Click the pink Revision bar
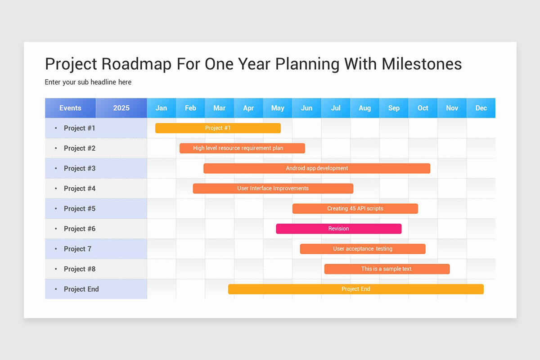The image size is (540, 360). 338,229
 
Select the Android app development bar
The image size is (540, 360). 317,168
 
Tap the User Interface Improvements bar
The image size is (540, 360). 273,189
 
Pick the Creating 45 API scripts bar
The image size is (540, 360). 355,208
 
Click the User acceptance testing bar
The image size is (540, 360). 363,249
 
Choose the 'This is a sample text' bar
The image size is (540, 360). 387,269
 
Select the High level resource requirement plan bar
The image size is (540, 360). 242,148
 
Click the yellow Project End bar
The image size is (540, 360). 355,289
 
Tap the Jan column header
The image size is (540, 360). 161,108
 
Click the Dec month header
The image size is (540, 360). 481,108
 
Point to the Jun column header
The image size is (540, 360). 306,108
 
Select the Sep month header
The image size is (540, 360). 394,108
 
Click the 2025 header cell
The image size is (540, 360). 121,108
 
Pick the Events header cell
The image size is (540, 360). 70,108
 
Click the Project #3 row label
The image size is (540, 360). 80,168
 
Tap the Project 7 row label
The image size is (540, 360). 78,249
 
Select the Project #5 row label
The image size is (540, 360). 80,208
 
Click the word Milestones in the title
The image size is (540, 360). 422,64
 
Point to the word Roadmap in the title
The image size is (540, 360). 136,64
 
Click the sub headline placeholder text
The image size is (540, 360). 88,82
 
